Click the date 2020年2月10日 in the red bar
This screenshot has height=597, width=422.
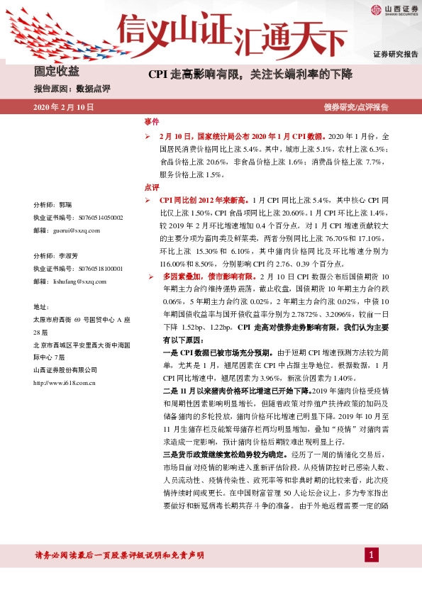[x=64, y=107]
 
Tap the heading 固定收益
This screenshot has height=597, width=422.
[x=57, y=72]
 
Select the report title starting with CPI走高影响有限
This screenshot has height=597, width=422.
[x=250, y=74]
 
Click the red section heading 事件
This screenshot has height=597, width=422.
[x=152, y=122]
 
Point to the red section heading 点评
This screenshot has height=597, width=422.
[x=152, y=188]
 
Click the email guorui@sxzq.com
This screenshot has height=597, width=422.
[x=77, y=230]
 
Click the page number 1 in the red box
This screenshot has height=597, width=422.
[x=371, y=554]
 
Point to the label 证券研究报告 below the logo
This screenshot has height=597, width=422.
[x=396, y=55]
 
